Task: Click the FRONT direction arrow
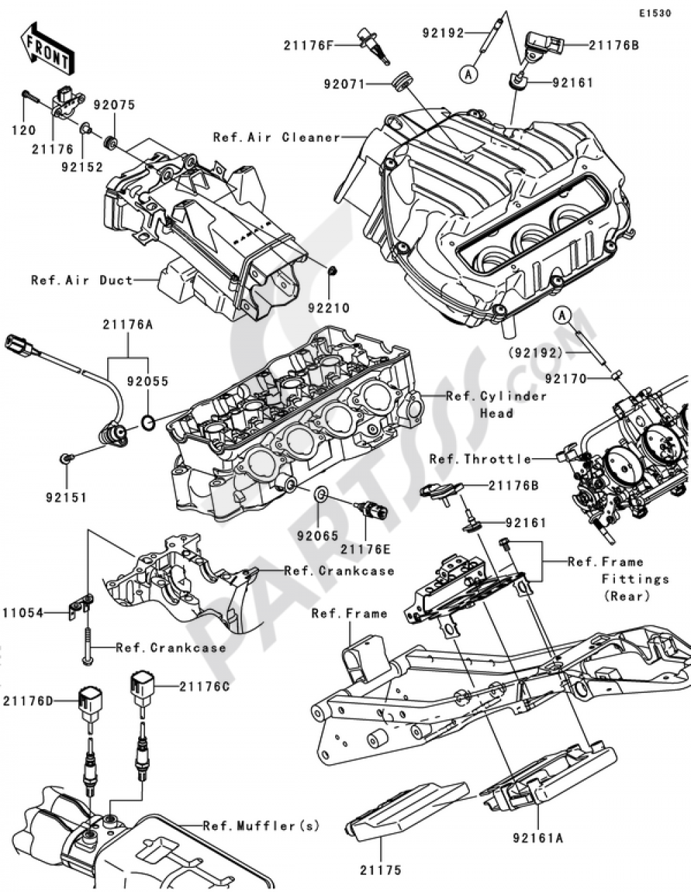[46, 48]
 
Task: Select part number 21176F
[308, 46]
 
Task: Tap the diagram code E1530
[654, 13]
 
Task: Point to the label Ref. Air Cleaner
[276, 137]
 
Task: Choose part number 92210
[333, 309]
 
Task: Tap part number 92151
[67, 497]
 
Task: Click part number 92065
[318, 535]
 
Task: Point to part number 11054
[23, 612]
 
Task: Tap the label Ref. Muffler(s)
[261, 826]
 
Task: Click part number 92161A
[538, 838]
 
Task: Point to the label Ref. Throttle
[480, 459]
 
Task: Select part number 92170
[565, 379]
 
